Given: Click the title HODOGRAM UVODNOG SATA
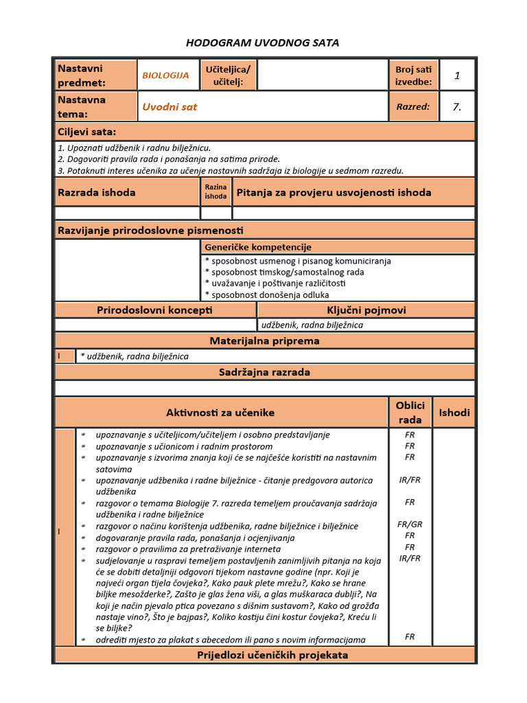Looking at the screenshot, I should (x=263, y=43).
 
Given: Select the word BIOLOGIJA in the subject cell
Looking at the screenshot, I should (x=165, y=76).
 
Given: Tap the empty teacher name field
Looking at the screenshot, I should (x=323, y=75).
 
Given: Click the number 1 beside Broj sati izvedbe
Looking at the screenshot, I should (x=457, y=76).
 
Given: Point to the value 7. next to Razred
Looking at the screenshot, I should (x=457, y=106).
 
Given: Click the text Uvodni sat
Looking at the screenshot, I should (x=169, y=107).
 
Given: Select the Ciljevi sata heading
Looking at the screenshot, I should (x=87, y=132).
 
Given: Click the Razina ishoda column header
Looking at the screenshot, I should (x=215, y=192).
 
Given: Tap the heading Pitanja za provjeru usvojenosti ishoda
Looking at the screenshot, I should (x=333, y=192).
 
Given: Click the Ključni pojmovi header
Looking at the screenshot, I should (x=366, y=310).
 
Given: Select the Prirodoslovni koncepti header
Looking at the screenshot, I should (x=155, y=310).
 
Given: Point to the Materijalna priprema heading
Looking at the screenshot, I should (x=264, y=341).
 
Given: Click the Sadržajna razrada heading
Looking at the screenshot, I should (x=264, y=372).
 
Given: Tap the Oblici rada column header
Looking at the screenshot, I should (x=410, y=413).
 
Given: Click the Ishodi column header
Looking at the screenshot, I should (x=454, y=413).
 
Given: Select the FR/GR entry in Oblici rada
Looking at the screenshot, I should (x=410, y=525).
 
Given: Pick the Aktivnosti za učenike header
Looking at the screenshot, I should (x=220, y=413).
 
